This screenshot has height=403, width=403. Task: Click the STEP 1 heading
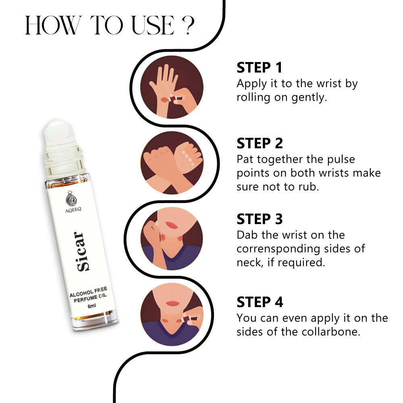[259, 68]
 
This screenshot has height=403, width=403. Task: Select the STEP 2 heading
[260, 143]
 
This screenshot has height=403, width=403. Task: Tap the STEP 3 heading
[260, 219]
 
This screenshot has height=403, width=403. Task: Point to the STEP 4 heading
[260, 302]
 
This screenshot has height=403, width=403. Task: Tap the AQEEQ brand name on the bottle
[73, 210]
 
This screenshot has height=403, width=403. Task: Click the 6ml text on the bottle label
[92, 306]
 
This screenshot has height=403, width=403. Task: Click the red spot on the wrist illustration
[164, 99]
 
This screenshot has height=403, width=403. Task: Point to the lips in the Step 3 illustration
[171, 225]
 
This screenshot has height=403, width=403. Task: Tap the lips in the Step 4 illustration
[172, 303]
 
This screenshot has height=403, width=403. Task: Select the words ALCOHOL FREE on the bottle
[88, 292]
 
